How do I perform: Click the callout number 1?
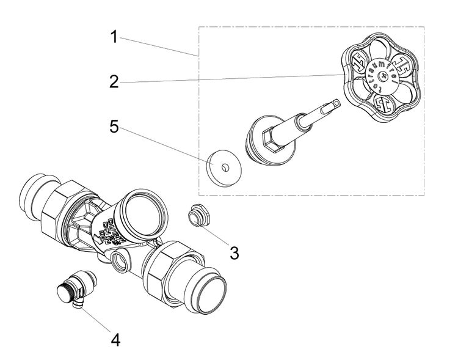pos(114,37)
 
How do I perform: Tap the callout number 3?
pos(234,251)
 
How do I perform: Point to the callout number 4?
pos(114,338)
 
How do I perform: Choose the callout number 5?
pos(114,128)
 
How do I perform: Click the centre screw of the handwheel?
pos(383,76)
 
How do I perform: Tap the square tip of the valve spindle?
pos(332,105)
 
